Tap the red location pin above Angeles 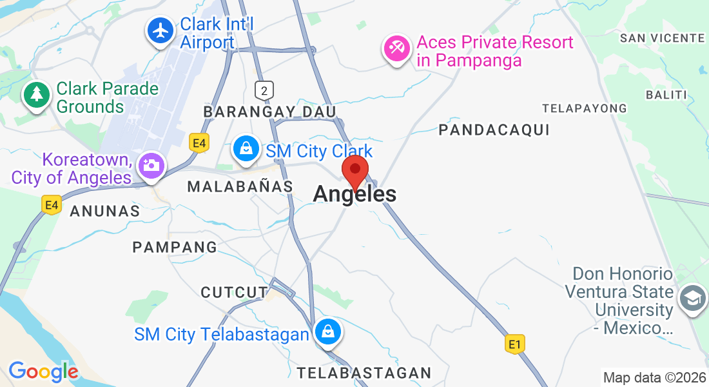click(354, 171)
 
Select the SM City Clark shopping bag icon click(246, 148)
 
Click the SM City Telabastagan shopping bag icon click(328, 333)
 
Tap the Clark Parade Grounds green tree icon click(37, 95)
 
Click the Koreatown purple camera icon click(151, 164)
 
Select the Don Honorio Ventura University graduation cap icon click(692, 298)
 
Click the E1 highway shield click(514, 344)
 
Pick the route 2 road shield click(264, 89)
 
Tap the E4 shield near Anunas click(52, 206)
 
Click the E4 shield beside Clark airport click(199, 143)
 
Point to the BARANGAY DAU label click(269, 112)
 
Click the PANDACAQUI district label click(494, 130)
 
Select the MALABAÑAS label click(240, 186)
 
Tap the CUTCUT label click(234, 292)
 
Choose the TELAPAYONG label click(585, 108)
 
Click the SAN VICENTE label click(663, 38)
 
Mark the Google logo click(43, 371)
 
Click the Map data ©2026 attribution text click(654, 377)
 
